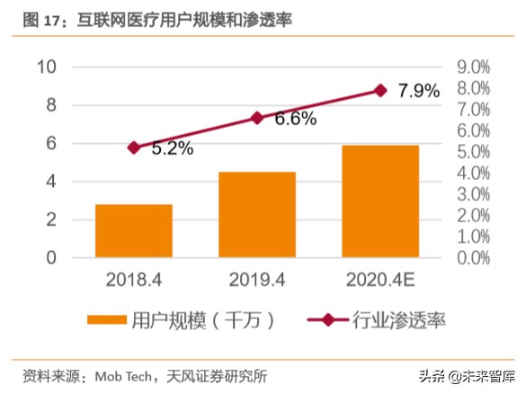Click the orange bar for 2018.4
pos(134,231)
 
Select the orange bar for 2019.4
pos(257,215)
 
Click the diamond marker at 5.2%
pos(134,148)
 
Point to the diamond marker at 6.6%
pos(257,118)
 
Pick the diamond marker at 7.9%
pos(380,90)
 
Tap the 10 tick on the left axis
pos(47,67)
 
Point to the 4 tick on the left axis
pos(52,182)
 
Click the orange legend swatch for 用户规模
pos(107,320)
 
